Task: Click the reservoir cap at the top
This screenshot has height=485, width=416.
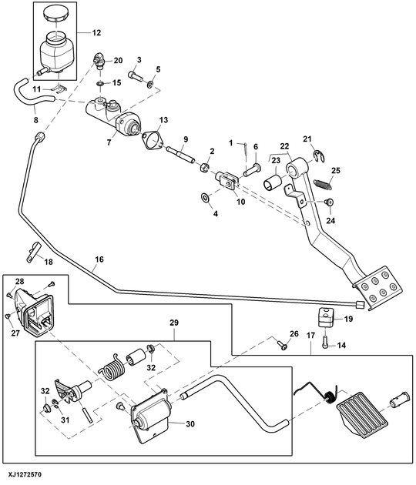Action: (x=55, y=14)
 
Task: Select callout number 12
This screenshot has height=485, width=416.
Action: (x=96, y=32)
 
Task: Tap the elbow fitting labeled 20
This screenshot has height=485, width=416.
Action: (x=99, y=60)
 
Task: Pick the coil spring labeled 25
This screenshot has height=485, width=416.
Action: (x=323, y=183)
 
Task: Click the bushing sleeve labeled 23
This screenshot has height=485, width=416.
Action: (x=273, y=181)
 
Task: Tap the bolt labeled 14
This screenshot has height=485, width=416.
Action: (x=325, y=343)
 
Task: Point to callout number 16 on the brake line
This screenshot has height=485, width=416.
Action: (x=99, y=259)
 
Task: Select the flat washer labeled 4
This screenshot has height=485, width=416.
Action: (x=205, y=196)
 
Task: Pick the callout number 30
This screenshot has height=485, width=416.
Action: (x=190, y=423)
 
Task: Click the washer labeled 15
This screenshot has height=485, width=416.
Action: (x=101, y=83)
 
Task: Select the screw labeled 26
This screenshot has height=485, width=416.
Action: (x=281, y=344)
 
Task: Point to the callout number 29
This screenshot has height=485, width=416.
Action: (x=174, y=323)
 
